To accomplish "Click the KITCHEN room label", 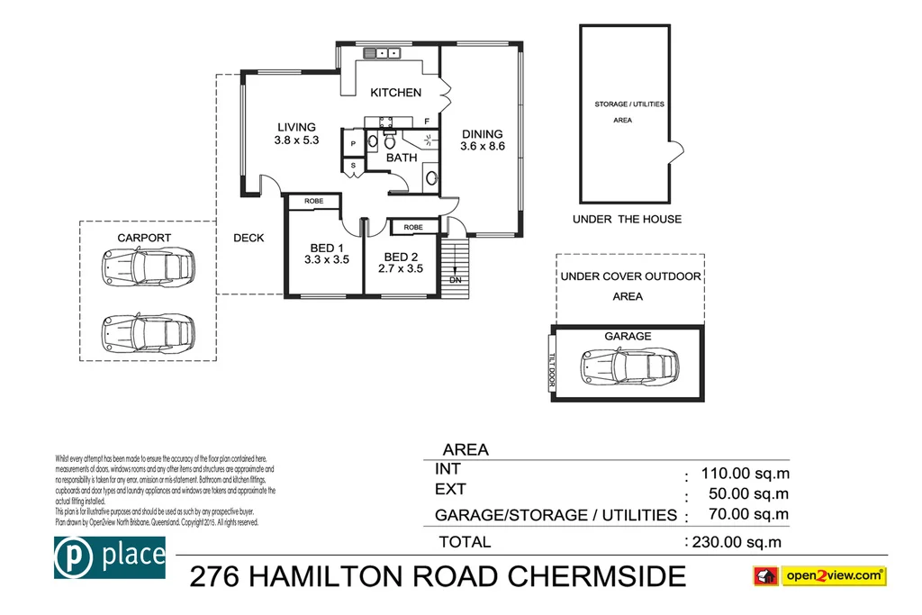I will (396, 93).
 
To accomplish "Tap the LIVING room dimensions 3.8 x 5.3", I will (297, 140).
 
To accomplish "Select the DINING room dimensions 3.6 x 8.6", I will (483, 146).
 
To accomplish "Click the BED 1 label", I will (326, 248).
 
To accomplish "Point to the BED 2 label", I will (401, 256).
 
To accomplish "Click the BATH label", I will (402, 158).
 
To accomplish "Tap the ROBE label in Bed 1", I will (313, 201).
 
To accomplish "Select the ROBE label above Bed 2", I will (414, 228).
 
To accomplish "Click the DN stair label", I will (456, 279).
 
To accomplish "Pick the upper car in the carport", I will (149, 266).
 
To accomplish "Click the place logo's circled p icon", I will (72, 556).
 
